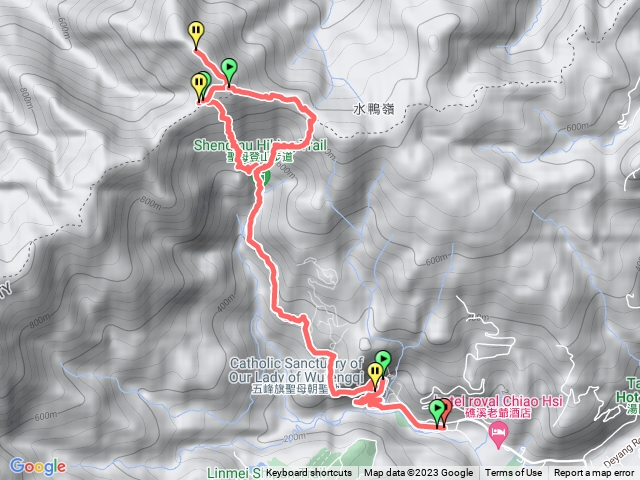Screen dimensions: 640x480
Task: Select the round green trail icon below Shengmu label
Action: [265, 178]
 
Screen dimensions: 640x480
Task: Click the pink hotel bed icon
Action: [498, 432]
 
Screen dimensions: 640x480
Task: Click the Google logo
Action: [38, 466]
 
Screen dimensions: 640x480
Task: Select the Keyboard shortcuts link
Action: [309, 473]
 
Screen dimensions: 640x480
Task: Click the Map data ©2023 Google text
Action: [418, 473]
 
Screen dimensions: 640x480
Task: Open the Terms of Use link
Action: [513, 473]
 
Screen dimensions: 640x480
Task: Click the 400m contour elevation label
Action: [225, 299]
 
